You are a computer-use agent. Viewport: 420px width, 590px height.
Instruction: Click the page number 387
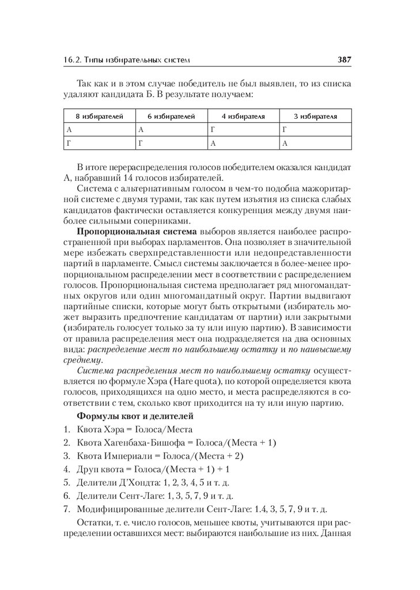344,59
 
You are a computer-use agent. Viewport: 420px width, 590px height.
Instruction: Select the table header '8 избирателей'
100,116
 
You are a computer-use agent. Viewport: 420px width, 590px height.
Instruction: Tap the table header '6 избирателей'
171,116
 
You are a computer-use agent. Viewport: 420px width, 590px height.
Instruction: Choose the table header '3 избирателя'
315,116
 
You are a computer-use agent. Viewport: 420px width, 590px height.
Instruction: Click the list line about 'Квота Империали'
162,456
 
